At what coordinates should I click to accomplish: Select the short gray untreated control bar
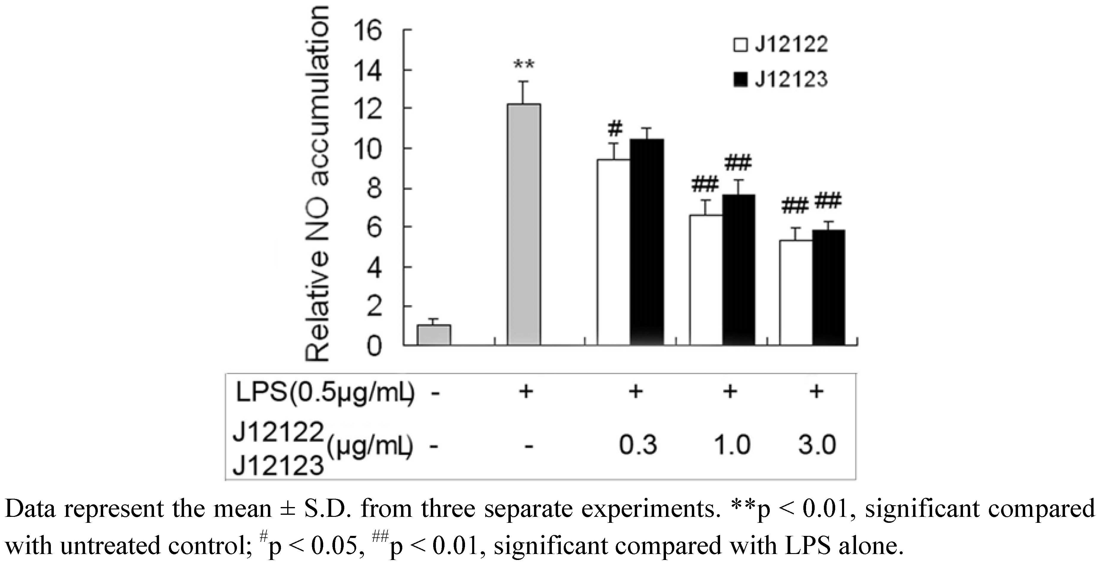coord(433,335)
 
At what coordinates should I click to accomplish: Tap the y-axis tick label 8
coord(374,189)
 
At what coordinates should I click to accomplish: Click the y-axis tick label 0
coord(374,346)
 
